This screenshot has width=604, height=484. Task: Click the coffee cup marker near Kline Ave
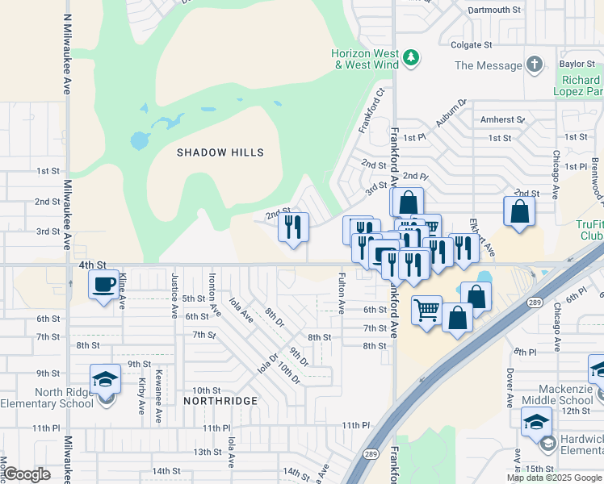coord(103,284)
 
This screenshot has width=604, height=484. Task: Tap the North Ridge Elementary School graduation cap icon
coord(105,379)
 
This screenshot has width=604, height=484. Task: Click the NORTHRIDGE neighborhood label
coord(220,401)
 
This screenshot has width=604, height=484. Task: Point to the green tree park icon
coord(412,57)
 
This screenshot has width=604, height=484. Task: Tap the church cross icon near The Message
coord(534,65)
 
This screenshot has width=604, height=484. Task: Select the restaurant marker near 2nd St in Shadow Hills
coord(294,226)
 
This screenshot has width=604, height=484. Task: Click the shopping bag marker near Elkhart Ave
coord(519,211)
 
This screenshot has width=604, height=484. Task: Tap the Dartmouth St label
coord(494,10)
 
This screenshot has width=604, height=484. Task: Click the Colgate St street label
coord(472,45)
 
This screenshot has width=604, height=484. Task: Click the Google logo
coord(27,474)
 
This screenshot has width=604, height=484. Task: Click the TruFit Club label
coord(589,230)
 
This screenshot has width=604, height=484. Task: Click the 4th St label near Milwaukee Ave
coord(93,265)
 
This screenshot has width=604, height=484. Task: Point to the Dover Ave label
coord(510,388)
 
